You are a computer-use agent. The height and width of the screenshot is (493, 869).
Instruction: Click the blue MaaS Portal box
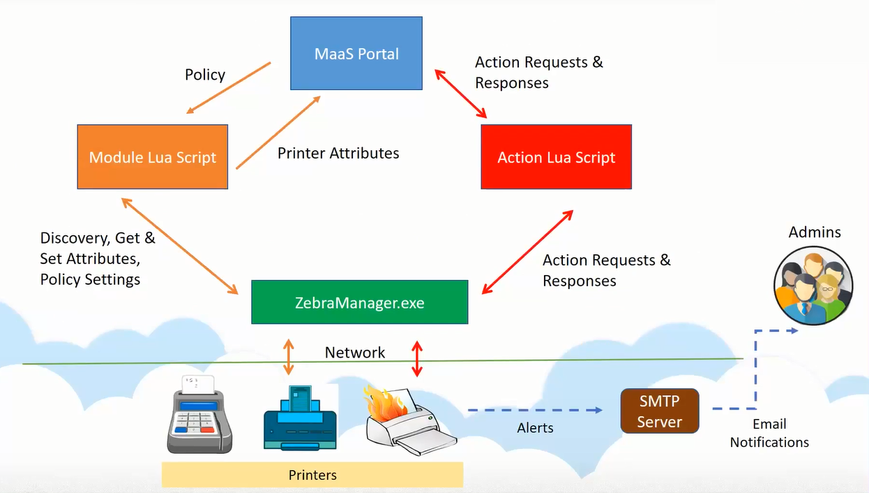pyautogui.click(x=356, y=54)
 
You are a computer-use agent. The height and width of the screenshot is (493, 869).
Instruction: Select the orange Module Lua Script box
pyautogui.click(x=153, y=157)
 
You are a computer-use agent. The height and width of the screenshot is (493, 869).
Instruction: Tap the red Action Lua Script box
pyautogui.click(x=556, y=157)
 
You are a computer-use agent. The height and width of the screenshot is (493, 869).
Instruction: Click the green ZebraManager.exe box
pyautogui.click(x=359, y=302)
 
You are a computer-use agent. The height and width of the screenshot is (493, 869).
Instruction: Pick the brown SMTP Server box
pyautogui.click(x=659, y=411)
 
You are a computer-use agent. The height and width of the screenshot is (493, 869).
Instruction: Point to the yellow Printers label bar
pyautogui.click(x=312, y=475)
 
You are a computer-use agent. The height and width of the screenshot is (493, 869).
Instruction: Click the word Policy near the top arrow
pyautogui.click(x=205, y=75)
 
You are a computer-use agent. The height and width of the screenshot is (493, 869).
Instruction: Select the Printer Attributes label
pyautogui.click(x=338, y=153)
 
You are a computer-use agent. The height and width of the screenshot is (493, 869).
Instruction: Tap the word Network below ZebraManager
pyautogui.click(x=355, y=353)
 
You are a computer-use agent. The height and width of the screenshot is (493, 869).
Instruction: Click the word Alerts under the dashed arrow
pyautogui.click(x=536, y=428)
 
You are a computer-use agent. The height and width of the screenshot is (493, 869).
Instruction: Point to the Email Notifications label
pyautogui.click(x=769, y=433)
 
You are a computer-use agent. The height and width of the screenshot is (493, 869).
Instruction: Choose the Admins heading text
pyautogui.click(x=815, y=232)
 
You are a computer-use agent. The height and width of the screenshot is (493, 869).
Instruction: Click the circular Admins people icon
pyautogui.click(x=813, y=286)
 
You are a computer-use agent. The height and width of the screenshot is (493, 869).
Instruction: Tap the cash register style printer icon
pyautogui.click(x=199, y=415)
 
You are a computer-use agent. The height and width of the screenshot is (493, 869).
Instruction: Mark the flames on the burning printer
pyautogui.click(x=384, y=404)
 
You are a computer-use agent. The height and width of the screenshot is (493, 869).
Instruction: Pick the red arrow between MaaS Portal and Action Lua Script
pyautogui.click(x=461, y=94)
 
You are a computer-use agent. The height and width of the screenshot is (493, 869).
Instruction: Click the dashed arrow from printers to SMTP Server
pyautogui.click(x=534, y=410)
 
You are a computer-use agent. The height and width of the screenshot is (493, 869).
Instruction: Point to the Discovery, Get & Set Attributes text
pyautogui.click(x=98, y=258)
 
